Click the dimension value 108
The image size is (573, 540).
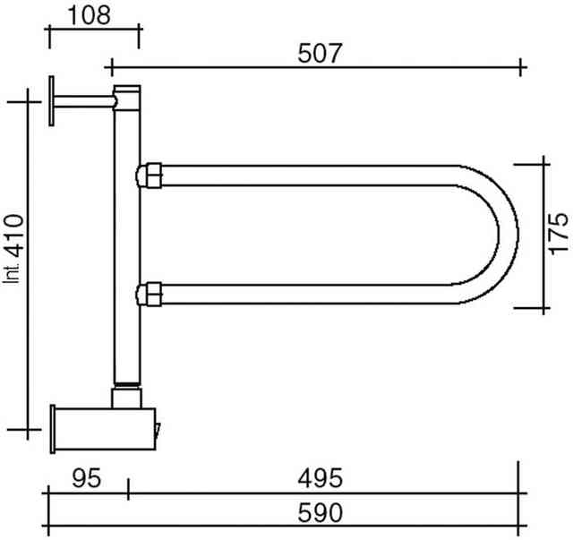90,15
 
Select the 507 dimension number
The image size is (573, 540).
320,54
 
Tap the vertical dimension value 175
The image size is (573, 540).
559,233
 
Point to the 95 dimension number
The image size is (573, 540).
86,478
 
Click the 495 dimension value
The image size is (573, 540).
321,478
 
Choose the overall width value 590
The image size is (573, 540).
321,513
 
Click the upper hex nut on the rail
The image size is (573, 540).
150,176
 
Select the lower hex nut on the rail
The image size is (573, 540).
150,294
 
